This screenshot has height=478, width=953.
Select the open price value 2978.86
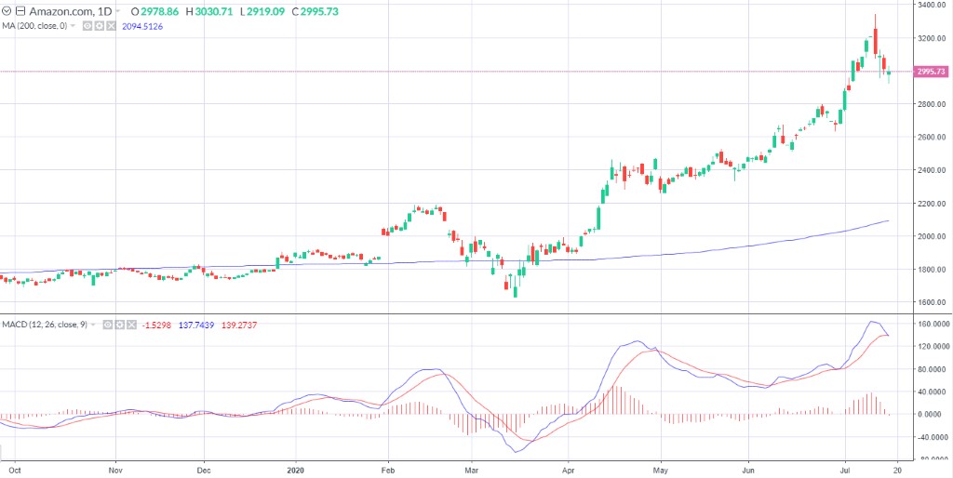(x=160, y=10)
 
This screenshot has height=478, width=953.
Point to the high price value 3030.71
(x=213, y=10)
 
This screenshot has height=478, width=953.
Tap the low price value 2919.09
(x=264, y=10)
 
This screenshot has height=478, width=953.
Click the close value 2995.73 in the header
(x=315, y=10)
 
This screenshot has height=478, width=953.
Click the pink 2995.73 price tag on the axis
(x=931, y=72)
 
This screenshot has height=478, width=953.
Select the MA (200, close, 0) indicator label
(x=34, y=25)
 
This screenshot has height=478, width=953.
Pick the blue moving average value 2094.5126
(x=142, y=25)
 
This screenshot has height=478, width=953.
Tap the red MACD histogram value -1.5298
(x=156, y=324)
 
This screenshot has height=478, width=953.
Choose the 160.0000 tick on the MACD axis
(x=932, y=325)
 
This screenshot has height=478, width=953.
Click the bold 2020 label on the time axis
(x=296, y=471)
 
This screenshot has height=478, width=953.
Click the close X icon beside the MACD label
(x=131, y=324)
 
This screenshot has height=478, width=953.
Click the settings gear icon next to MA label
(x=99, y=25)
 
